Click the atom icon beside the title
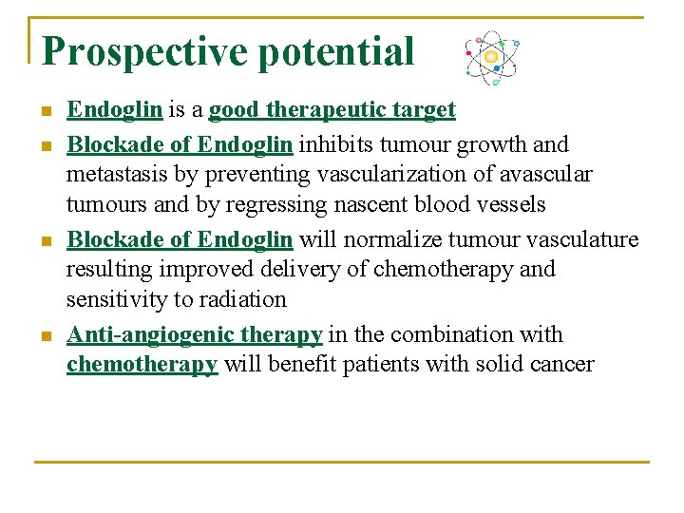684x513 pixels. tap(490, 57)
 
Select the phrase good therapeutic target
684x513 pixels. tap(332, 110)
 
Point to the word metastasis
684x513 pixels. tap(112, 175)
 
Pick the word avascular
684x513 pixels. tap(548, 175)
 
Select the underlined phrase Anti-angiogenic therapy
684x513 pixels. tap(195, 334)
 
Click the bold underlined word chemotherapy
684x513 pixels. tap(142, 364)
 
